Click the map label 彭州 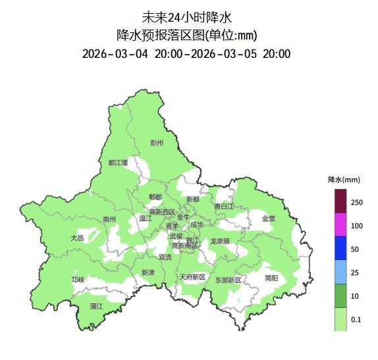pyautogui.click(x=157, y=143)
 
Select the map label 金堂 pyautogui.click(x=269, y=219)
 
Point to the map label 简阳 pyautogui.click(x=271, y=278)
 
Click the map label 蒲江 pyautogui.click(x=97, y=306)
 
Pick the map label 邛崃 pyautogui.click(x=78, y=280)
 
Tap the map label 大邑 pyautogui.click(x=77, y=238)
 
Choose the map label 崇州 pyautogui.click(x=109, y=219)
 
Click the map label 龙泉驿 pyautogui.click(x=220, y=242)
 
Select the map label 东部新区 pyautogui.click(x=229, y=280)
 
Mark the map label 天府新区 pyautogui.click(x=192, y=277)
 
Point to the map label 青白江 pyautogui.click(x=224, y=206)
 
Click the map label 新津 pyautogui.click(x=148, y=272)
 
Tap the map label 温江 pyautogui.click(x=145, y=219)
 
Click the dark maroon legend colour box pyautogui.click(x=340, y=201)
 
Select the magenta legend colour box pyautogui.click(x=340, y=225)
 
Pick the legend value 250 pyautogui.click(x=356, y=202)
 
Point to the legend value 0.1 pyautogui.click(x=356, y=319)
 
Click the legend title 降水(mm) pyautogui.click(x=344, y=179)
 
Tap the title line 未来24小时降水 pyautogui.click(x=187, y=16)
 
